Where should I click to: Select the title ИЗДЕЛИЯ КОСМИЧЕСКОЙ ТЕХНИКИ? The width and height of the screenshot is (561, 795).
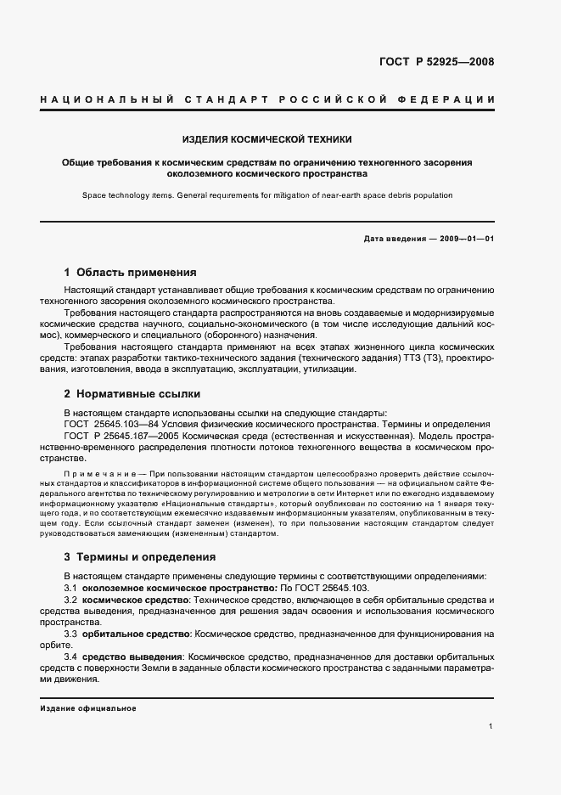267,138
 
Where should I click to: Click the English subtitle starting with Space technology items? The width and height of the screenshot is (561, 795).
267,195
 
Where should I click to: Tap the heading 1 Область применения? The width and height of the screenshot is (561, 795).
130,273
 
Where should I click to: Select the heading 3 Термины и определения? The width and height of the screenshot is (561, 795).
140,557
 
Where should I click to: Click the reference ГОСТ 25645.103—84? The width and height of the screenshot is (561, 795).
107,423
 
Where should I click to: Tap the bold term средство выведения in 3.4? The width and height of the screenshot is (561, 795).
132,657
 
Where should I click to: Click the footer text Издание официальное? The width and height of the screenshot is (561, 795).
87,708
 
